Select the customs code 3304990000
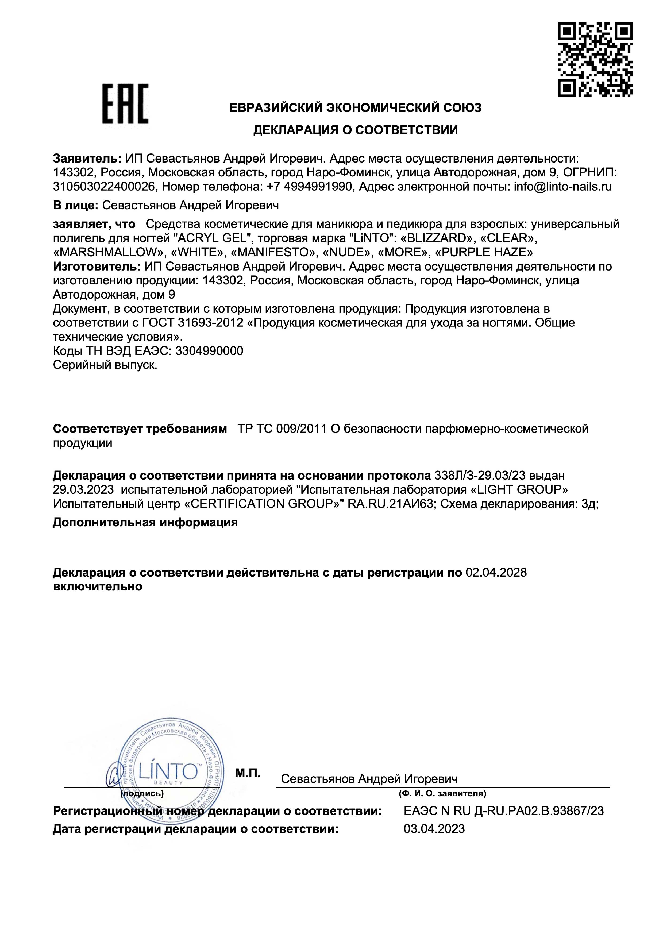coord(209,350)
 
